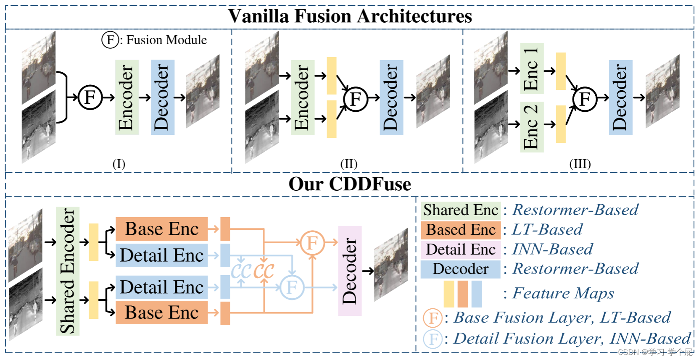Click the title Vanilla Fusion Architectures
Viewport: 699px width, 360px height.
(x=350, y=16)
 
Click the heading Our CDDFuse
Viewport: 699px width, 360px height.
(x=350, y=184)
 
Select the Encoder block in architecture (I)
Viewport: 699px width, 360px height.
(x=127, y=97)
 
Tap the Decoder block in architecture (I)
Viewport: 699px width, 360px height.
(x=162, y=97)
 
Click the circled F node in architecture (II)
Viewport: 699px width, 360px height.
(x=355, y=99)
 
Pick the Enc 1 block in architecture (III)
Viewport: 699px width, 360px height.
(x=532, y=68)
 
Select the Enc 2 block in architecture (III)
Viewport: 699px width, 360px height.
(x=532, y=126)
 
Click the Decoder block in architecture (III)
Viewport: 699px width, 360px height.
(x=620, y=97)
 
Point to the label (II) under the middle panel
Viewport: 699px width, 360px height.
(x=349, y=164)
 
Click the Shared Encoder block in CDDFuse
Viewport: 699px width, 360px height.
(x=68, y=271)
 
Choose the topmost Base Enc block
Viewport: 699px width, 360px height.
(x=161, y=229)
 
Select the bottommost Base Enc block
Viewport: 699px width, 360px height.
(x=161, y=313)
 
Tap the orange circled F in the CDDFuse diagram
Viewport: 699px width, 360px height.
(x=312, y=243)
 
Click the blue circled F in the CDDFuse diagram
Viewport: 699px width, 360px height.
(x=292, y=287)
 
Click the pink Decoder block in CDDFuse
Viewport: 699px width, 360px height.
(x=350, y=271)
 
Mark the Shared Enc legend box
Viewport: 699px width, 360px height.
(x=461, y=210)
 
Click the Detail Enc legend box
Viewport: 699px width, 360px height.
(x=461, y=250)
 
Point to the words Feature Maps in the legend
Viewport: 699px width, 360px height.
(x=563, y=293)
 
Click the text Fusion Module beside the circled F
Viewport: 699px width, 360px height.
(x=166, y=40)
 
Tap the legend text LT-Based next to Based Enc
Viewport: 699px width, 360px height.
(x=547, y=230)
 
